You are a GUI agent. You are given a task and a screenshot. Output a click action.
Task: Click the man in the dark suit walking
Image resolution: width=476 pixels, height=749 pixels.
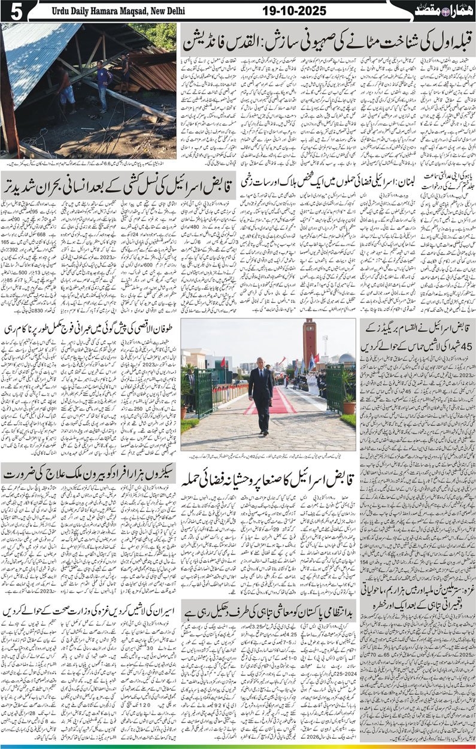click(x=261, y=396)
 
